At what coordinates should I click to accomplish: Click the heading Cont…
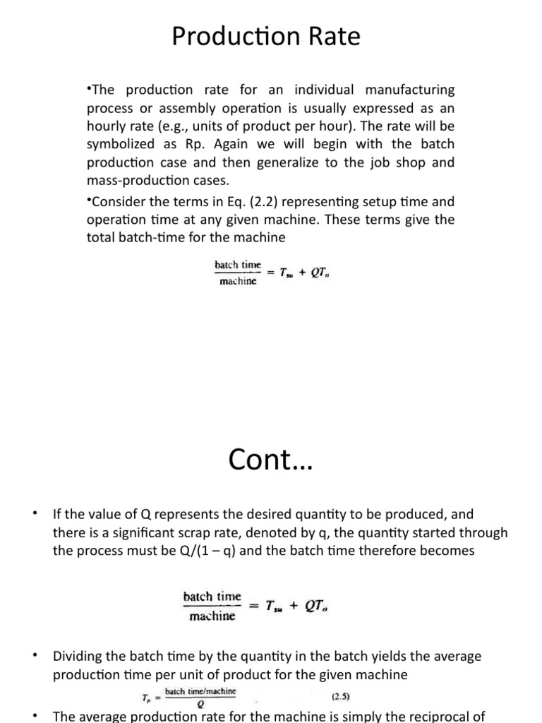pyautogui.click(x=270, y=460)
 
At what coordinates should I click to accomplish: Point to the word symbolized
pyautogui.click(x=122, y=144)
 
